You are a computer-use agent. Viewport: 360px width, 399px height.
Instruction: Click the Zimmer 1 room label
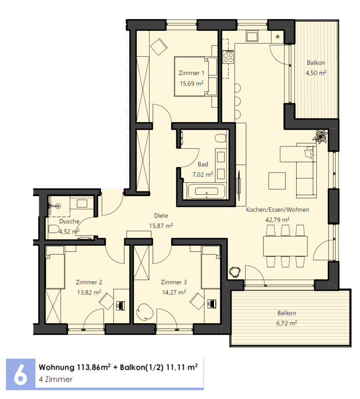point(191,73)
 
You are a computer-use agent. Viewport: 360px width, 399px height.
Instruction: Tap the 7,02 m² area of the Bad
point(202,175)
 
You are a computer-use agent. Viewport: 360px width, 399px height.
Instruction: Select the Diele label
point(161,216)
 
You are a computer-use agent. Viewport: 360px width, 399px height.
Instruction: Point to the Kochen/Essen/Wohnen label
point(277,210)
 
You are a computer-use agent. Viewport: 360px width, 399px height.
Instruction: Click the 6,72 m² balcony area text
point(286,323)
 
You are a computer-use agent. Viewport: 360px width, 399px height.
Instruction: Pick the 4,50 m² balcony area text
point(316,73)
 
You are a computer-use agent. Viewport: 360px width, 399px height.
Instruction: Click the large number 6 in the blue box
point(20,374)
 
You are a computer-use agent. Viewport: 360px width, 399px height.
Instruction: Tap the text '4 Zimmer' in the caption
point(55,379)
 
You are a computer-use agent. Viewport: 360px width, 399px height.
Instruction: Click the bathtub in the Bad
point(206,191)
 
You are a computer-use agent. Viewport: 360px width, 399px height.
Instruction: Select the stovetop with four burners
point(228,57)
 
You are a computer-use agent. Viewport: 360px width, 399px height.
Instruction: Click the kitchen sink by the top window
point(252,36)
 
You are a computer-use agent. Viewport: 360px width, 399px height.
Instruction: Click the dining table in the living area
point(285,246)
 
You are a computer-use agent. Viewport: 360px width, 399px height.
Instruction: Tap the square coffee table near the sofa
point(277,181)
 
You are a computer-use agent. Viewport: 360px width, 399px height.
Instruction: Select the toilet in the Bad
point(221,139)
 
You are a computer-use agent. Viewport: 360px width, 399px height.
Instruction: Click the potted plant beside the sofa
point(320,137)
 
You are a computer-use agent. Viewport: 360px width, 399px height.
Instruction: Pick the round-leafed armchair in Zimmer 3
point(145,312)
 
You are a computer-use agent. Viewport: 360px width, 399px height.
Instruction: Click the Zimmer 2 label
point(89,282)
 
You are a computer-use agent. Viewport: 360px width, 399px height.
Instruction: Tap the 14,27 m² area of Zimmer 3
point(174,292)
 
